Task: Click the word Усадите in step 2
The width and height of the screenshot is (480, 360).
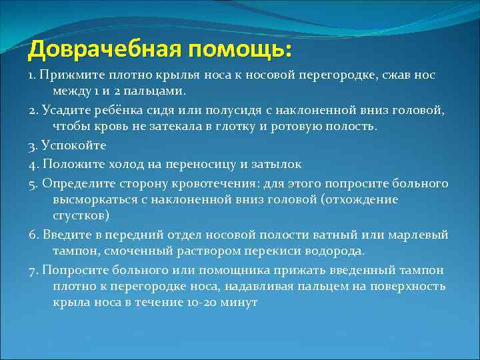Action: (x=63, y=110)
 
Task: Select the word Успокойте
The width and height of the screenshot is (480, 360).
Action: (x=73, y=145)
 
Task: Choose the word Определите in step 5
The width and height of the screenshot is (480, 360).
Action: (x=75, y=183)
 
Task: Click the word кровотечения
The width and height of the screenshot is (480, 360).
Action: (x=219, y=183)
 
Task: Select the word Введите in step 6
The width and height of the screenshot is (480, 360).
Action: (x=63, y=235)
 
